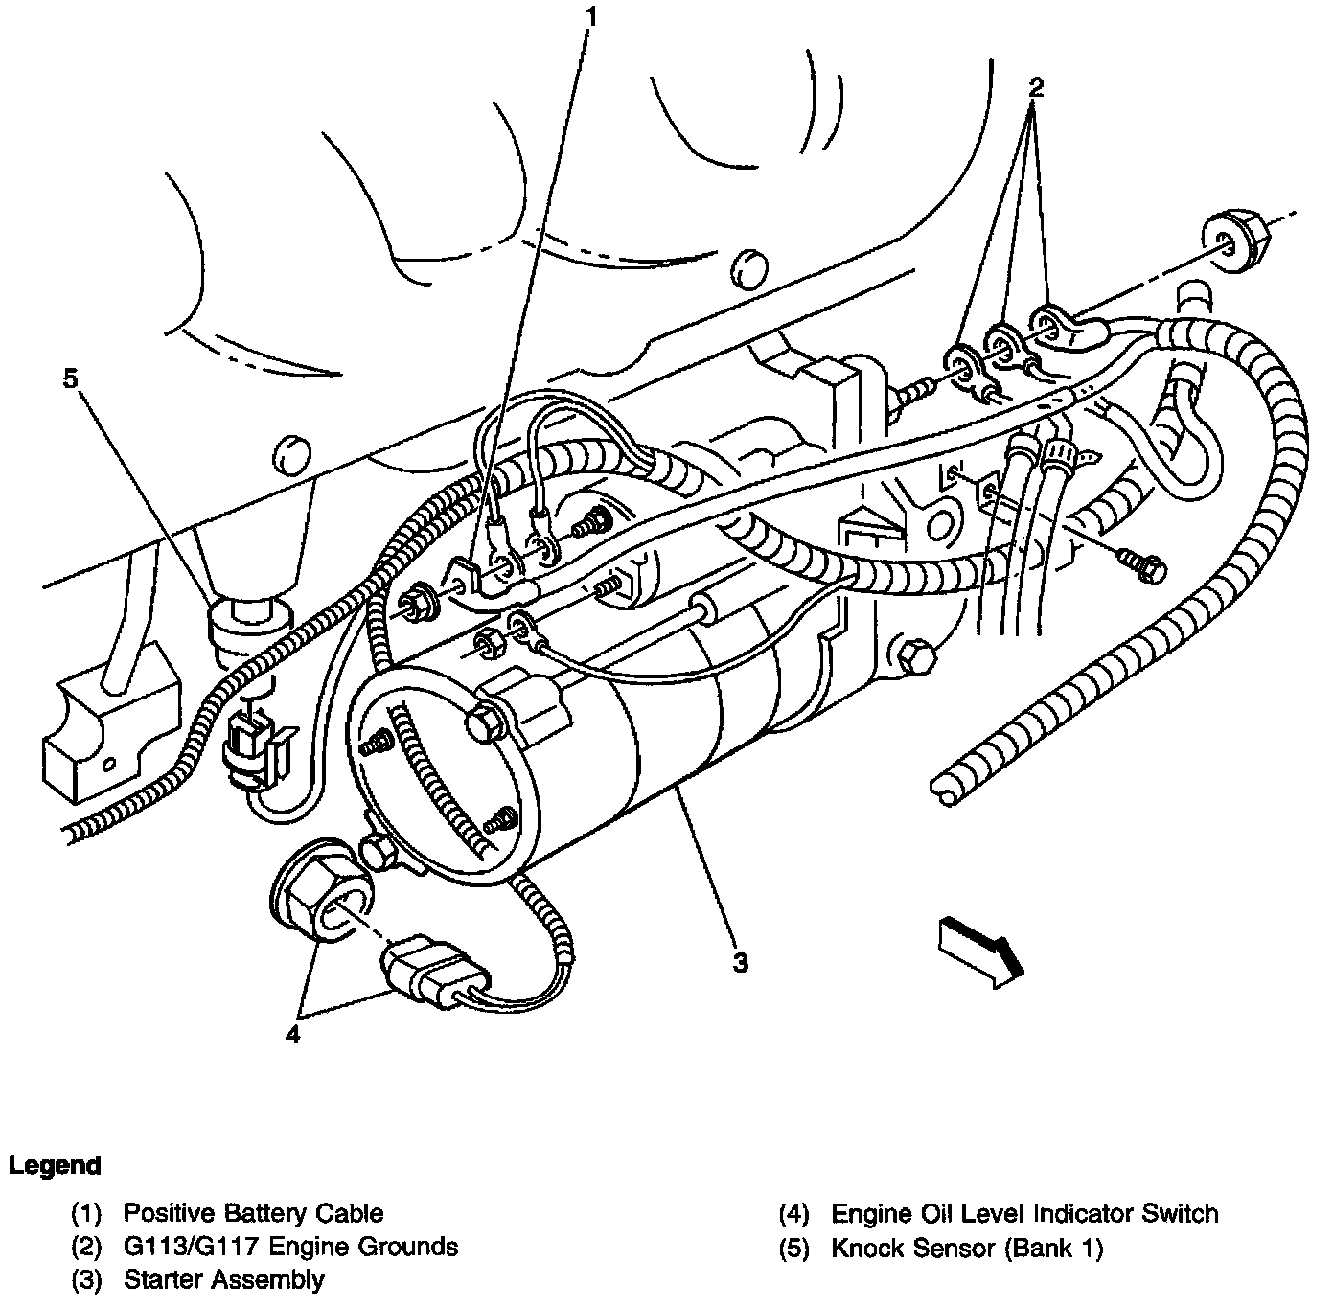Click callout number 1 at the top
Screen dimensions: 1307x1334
coord(591,16)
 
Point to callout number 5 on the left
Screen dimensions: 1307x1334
coord(70,378)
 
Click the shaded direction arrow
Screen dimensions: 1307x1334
coord(980,950)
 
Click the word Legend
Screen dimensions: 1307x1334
coord(55,1166)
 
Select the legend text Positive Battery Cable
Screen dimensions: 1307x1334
coord(253,1213)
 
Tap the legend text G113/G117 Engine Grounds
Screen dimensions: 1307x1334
coord(290,1247)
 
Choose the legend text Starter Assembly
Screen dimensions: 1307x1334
coord(223,1279)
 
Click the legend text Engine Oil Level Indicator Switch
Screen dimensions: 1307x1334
coord(1023,1214)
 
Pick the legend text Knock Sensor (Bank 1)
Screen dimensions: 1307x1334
coord(967,1248)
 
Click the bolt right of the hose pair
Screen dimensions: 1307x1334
coord(1146,567)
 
